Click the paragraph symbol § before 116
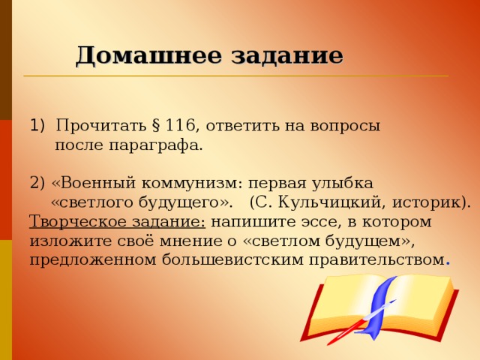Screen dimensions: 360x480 pyautogui.click(x=156, y=125)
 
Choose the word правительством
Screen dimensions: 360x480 pyautogui.click(x=362, y=260)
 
